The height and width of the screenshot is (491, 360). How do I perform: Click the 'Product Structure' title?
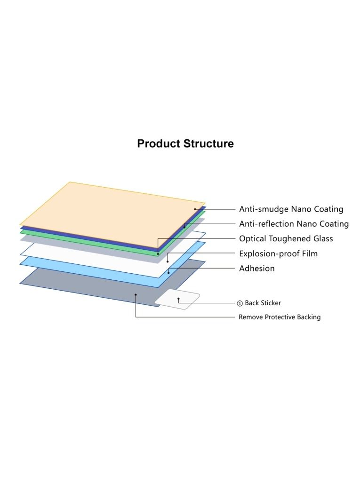coord(185,144)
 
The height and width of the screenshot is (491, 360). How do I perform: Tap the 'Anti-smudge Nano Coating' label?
coord(291,209)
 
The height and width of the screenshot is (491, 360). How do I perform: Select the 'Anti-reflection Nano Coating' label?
coord(294,224)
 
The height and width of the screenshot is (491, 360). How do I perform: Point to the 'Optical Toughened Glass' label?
coord(286,238)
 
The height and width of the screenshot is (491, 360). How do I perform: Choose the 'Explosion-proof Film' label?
coord(278,253)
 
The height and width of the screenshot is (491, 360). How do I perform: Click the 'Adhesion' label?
coord(257,269)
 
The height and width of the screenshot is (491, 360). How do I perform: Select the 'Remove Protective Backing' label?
coord(280,317)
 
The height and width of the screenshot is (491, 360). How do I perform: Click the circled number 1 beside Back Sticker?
coord(240,303)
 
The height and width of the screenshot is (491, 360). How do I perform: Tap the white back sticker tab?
coord(177,300)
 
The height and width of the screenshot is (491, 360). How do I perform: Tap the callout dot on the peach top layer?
coord(195,209)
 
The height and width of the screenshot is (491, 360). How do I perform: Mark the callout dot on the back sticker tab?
coord(178,299)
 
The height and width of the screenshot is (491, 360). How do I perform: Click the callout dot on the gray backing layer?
coord(136,295)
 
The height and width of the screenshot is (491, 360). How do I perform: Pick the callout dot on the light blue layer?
coord(168,273)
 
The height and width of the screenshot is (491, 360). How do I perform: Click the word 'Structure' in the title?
coord(208,144)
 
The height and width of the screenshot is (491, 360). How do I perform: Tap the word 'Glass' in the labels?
coord(323,238)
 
